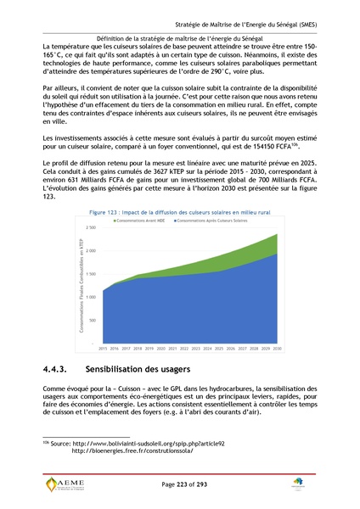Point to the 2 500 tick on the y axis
coord(91,228)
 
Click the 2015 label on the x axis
coord(103,349)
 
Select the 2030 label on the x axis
coord(276,349)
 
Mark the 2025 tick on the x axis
coord(218,349)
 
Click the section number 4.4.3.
coord(60,370)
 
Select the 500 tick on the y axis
coord(93,321)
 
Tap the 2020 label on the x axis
coord(160,349)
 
